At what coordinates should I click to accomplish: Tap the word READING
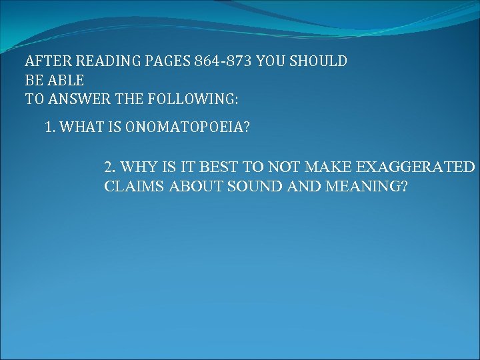99,62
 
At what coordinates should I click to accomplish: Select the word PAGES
163,62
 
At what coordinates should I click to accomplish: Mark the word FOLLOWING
197,100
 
